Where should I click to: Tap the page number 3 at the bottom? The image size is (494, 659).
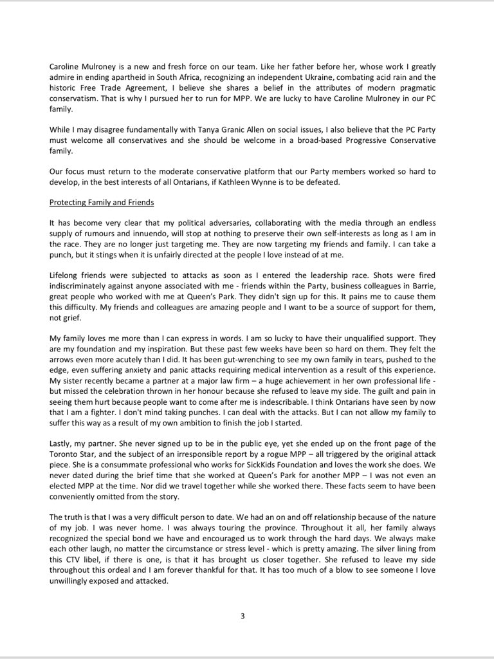(242, 616)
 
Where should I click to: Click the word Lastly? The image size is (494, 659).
(62, 444)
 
